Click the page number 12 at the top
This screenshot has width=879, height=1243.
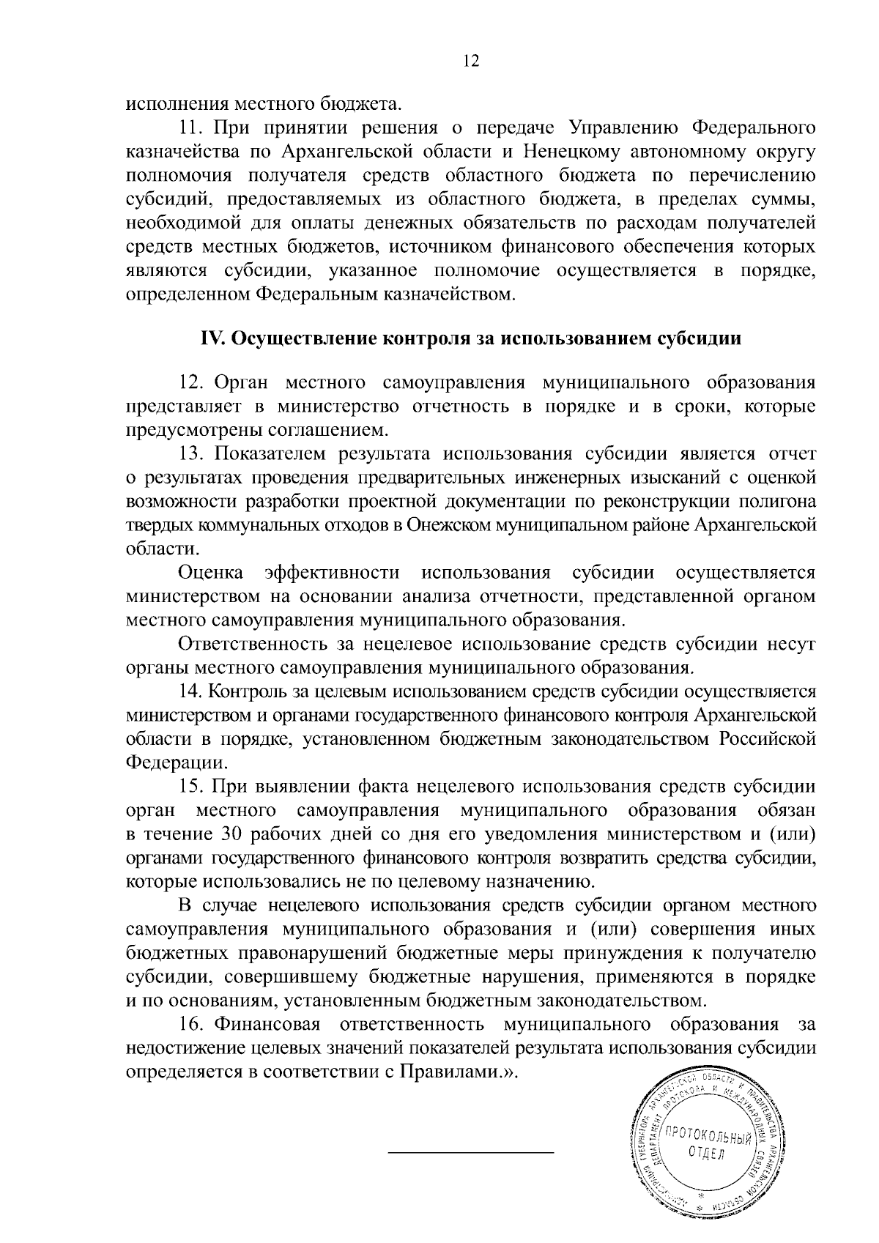[470, 61]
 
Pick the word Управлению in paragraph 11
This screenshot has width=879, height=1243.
[621, 127]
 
